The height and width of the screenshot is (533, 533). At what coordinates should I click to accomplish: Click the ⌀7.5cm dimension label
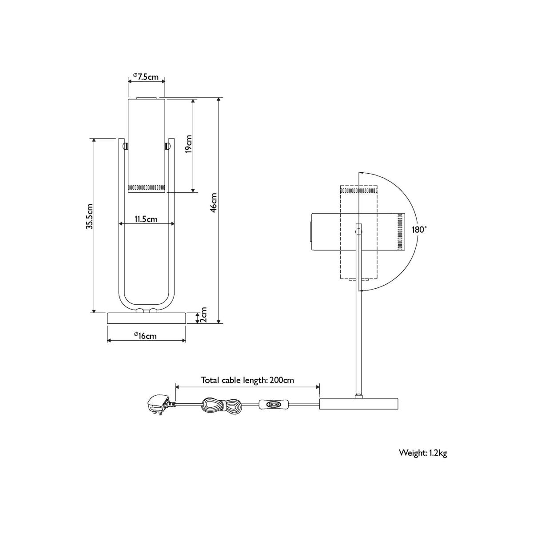point(146,76)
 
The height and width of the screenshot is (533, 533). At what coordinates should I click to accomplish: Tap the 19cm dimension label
point(188,144)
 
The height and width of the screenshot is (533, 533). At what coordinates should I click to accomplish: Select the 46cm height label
point(214,203)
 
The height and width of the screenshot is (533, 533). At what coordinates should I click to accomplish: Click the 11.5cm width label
point(146,219)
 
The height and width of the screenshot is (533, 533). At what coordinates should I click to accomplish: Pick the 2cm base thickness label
point(203,314)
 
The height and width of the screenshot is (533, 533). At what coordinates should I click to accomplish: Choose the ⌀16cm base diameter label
point(146,336)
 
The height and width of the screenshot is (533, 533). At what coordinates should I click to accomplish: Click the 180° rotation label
point(419,230)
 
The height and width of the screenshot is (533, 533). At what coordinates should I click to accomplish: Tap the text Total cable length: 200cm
point(247,380)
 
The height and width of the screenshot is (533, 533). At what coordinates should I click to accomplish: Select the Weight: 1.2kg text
point(423,461)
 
